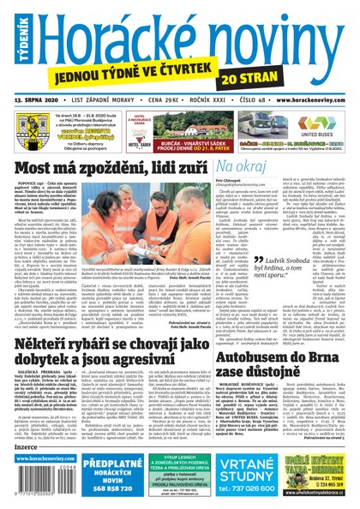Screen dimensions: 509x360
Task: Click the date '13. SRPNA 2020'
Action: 38,99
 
